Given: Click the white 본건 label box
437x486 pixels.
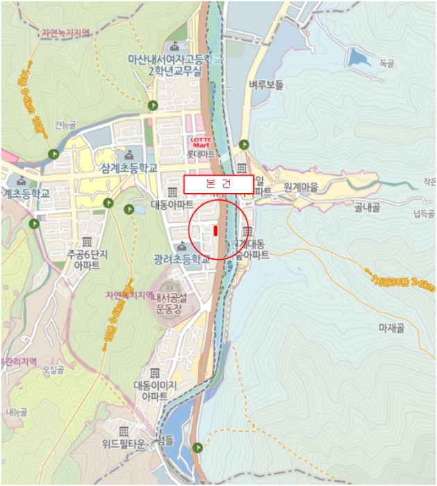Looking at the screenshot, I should [x=218, y=184].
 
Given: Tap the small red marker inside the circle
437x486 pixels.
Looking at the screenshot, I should [x=216, y=231].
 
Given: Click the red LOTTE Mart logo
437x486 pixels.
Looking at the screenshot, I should [x=201, y=142].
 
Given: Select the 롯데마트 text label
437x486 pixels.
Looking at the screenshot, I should [x=202, y=153].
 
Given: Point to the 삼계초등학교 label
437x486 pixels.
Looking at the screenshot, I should [x=129, y=168].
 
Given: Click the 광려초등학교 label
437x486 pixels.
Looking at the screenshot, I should [x=182, y=260].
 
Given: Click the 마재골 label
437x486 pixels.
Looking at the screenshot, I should [x=391, y=328].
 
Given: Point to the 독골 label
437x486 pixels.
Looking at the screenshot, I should [x=386, y=63].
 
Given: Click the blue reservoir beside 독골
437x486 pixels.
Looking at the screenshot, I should [x=359, y=56].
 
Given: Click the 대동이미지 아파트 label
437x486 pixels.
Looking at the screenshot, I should [x=155, y=391].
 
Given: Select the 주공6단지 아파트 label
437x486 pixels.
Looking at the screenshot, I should [x=86, y=260].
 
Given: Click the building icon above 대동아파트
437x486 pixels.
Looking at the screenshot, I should [x=173, y=192].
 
